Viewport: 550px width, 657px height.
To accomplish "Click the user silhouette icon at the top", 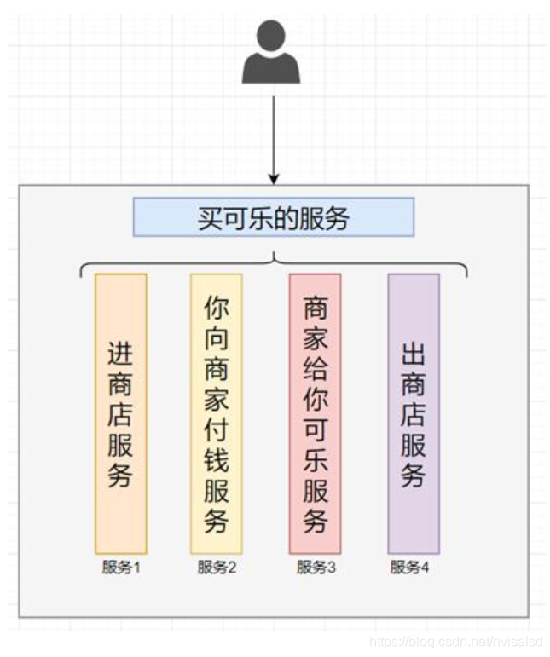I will [271, 55].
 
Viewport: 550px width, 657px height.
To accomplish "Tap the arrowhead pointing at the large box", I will [273, 178].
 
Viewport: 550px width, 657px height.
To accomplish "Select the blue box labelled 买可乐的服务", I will [273, 217].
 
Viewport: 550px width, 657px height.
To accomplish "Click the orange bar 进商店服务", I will [121, 413].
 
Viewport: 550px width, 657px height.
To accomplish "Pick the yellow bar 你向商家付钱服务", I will [216, 413].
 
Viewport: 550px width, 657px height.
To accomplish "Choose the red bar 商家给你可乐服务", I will [315, 413].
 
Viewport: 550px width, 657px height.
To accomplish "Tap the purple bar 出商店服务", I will [414, 413].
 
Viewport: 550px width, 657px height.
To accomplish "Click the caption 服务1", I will [120, 568].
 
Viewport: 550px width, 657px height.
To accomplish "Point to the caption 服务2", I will [217, 568].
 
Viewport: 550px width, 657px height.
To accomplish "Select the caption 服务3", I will [316, 568].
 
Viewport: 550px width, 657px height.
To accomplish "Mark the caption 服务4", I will [410, 568].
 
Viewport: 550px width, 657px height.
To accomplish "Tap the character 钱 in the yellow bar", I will [216, 461].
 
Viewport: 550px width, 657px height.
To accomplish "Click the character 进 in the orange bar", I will [121, 353].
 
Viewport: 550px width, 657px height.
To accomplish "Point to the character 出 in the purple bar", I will [414, 353].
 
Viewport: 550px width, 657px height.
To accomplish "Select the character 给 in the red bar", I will [315, 370].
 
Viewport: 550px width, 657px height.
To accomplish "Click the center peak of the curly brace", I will [273, 255].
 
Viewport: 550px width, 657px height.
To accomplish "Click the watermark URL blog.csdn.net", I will [452, 640].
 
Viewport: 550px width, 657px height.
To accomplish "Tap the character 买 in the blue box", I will [210, 218].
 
